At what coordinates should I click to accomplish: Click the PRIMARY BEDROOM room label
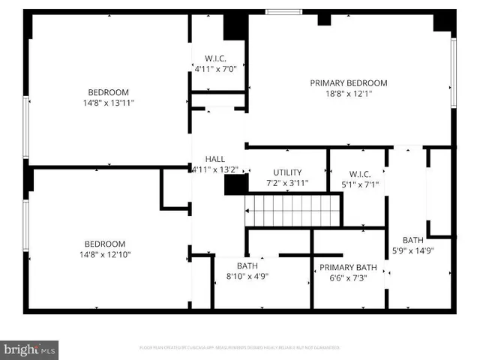click(x=349, y=83)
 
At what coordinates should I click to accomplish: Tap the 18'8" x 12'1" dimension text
click(x=348, y=94)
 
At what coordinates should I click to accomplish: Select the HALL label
click(x=215, y=159)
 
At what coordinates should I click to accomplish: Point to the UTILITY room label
click(x=287, y=172)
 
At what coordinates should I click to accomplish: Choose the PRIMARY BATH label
click(x=348, y=268)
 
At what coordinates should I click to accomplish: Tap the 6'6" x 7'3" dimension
click(x=348, y=278)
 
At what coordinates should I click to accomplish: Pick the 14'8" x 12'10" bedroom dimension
click(x=104, y=254)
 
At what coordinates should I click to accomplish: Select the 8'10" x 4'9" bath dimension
click(x=247, y=276)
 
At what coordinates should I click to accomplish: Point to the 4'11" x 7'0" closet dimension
click(x=215, y=69)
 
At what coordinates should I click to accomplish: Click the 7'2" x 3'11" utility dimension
click(x=287, y=183)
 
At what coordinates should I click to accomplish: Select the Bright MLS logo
click(x=30, y=349)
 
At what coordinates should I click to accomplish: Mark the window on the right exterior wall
click(x=453, y=71)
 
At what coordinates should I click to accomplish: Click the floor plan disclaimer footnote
click(x=240, y=348)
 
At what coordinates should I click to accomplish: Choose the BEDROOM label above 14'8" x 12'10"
click(x=104, y=244)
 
